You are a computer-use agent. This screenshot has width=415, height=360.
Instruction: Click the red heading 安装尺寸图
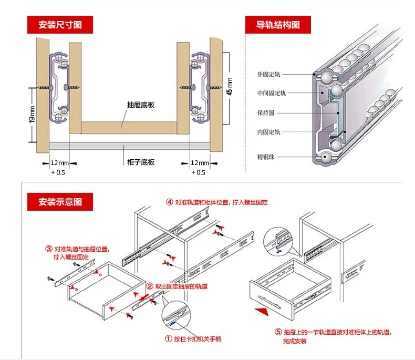click(x=59, y=25)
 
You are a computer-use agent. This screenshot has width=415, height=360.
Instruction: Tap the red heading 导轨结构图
click(x=278, y=25)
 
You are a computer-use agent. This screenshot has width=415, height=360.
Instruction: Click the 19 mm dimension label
click(x=32, y=115)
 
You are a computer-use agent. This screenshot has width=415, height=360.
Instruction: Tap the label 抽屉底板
click(x=141, y=105)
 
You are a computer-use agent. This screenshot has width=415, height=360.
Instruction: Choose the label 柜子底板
click(x=141, y=162)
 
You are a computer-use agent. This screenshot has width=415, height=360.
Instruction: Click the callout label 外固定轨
click(x=269, y=75)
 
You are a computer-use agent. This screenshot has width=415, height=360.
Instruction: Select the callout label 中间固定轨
click(x=272, y=94)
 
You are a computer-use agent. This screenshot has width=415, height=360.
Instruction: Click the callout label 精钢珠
click(x=266, y=157)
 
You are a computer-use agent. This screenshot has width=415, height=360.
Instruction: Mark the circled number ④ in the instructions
click(x=170, y=202)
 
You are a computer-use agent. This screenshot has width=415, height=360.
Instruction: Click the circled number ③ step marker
click(x=49, y=249)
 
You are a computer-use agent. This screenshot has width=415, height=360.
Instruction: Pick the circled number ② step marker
click(x=150, y=286)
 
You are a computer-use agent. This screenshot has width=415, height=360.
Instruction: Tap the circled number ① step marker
click(x=170, y=339)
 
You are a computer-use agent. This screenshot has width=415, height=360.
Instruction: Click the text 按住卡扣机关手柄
click(x=199, y=339)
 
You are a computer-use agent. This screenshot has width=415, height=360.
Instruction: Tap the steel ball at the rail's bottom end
click(x=326, y=156)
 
